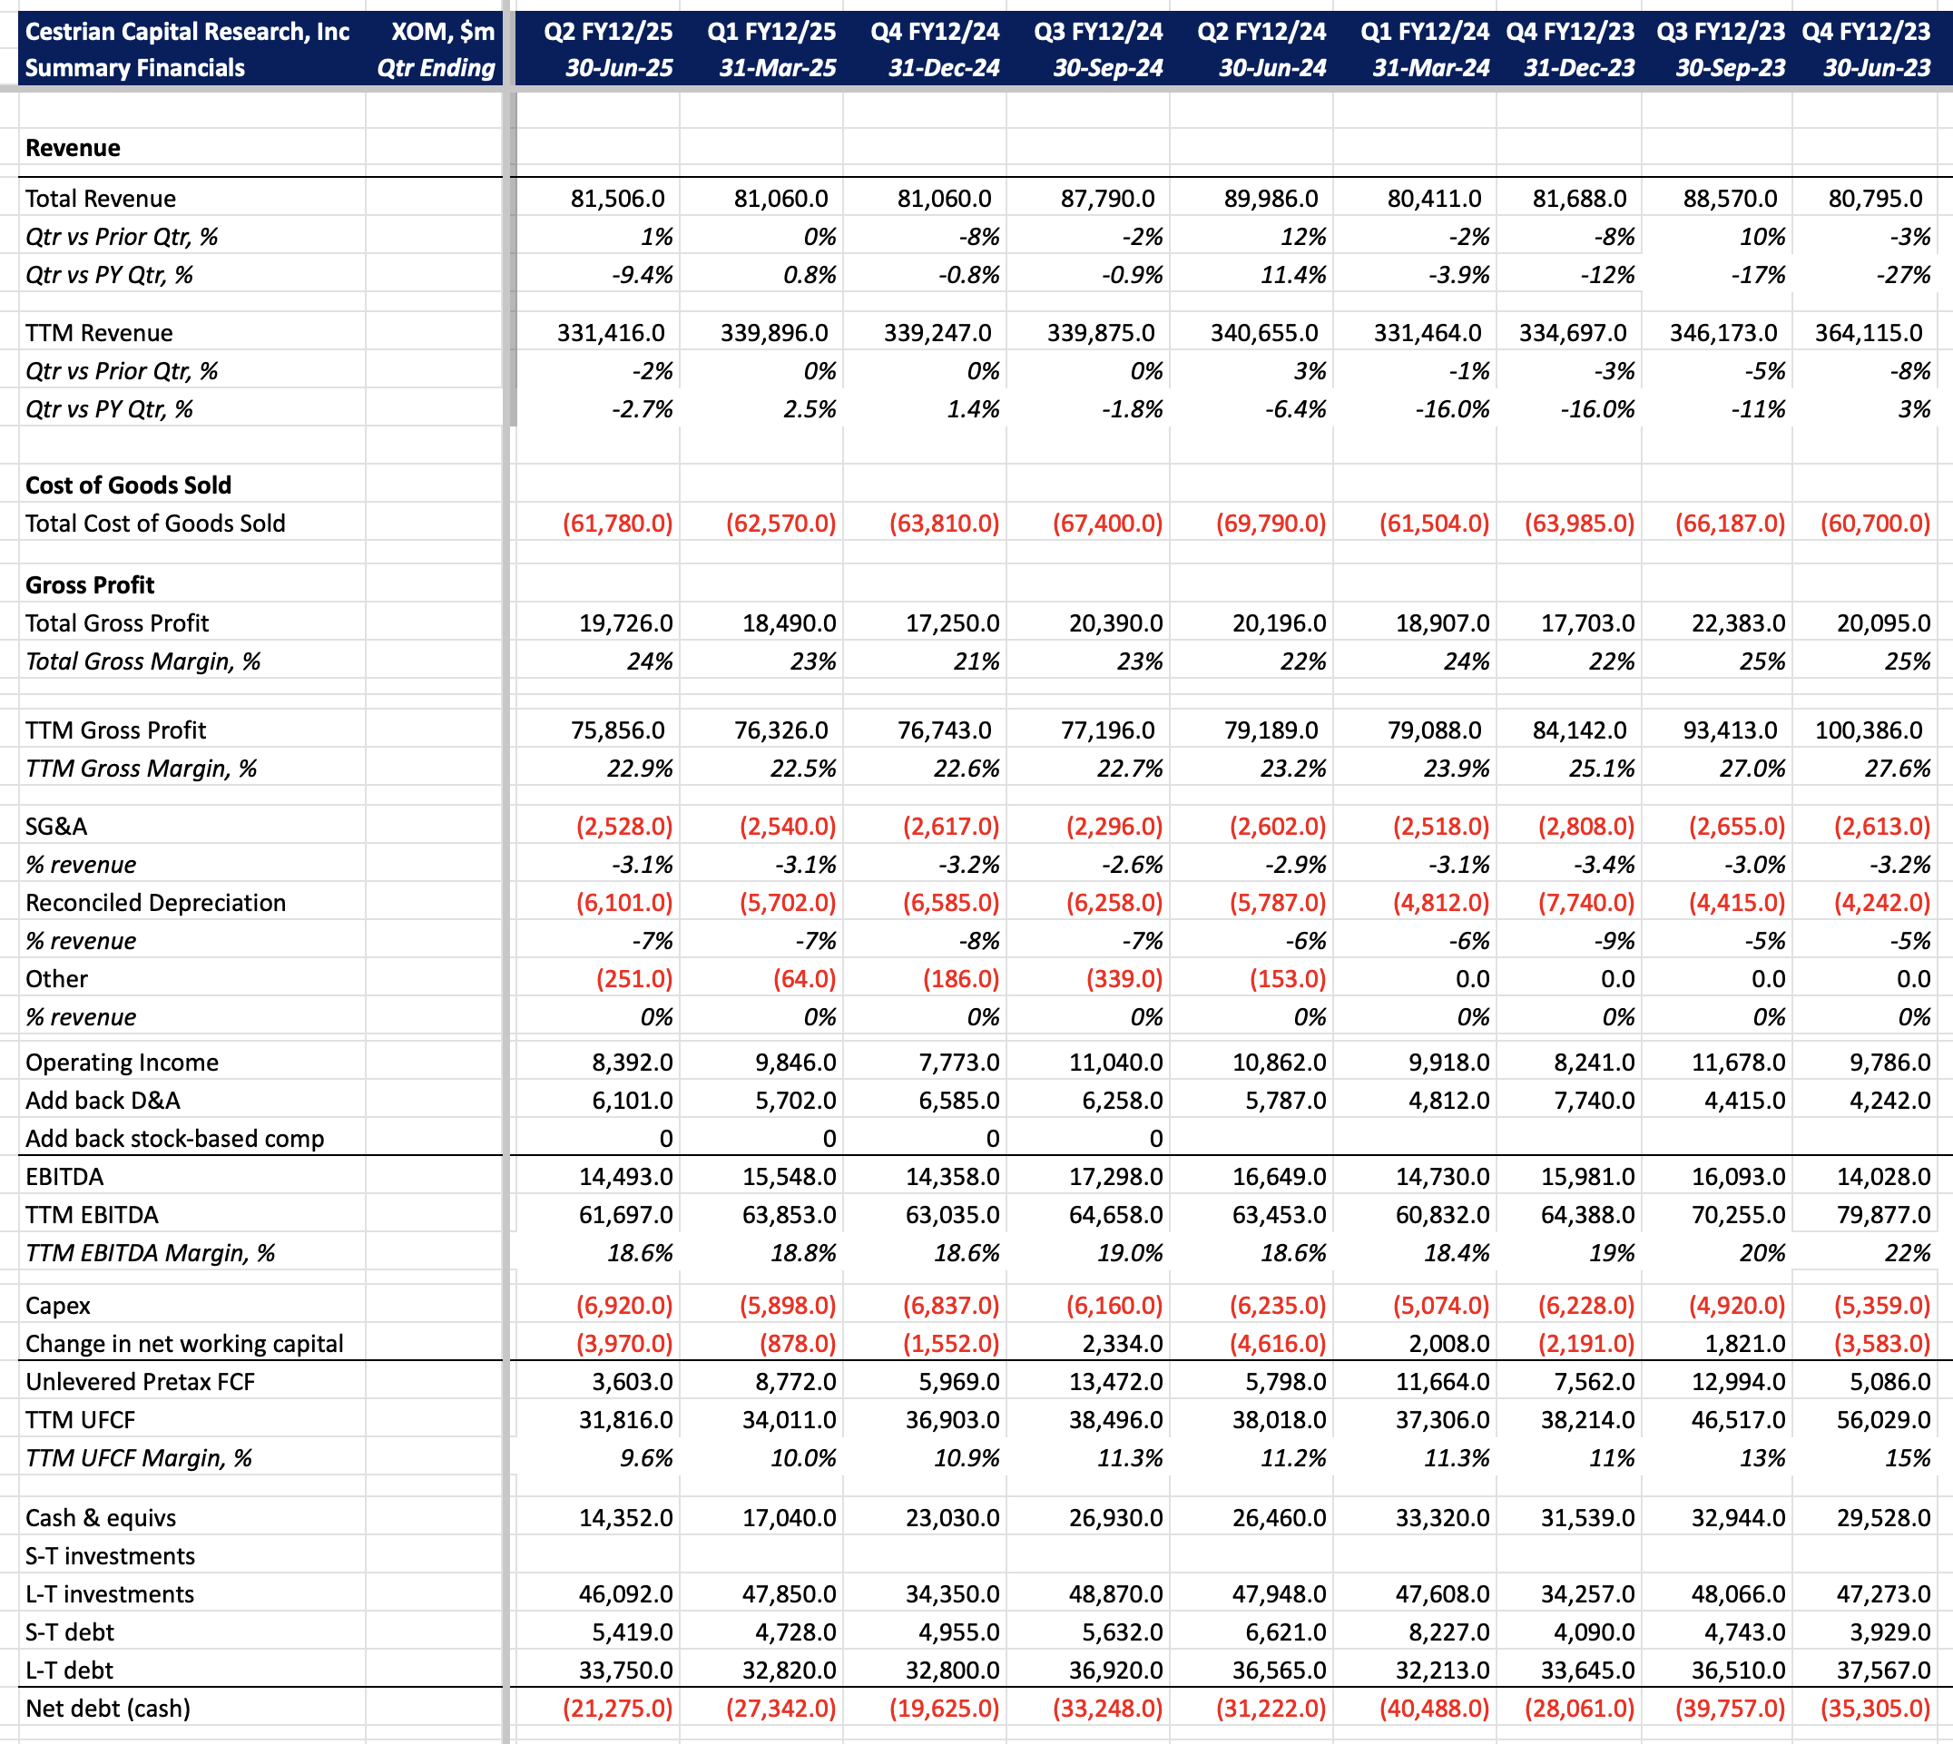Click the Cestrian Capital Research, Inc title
click(x=187, y=32)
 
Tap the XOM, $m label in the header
click(x=443, y=32)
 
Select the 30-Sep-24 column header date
click(x=1108, y=68)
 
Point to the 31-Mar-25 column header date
click(x=777, y=68)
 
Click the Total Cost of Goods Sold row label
click(x=155, y=524)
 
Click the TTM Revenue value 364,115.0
click(x=1868, y=332)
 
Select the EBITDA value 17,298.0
click(x=1115, y=1177)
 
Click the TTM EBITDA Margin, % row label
click(x=151, y=1252)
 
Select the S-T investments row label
click(x=110, y=1555)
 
